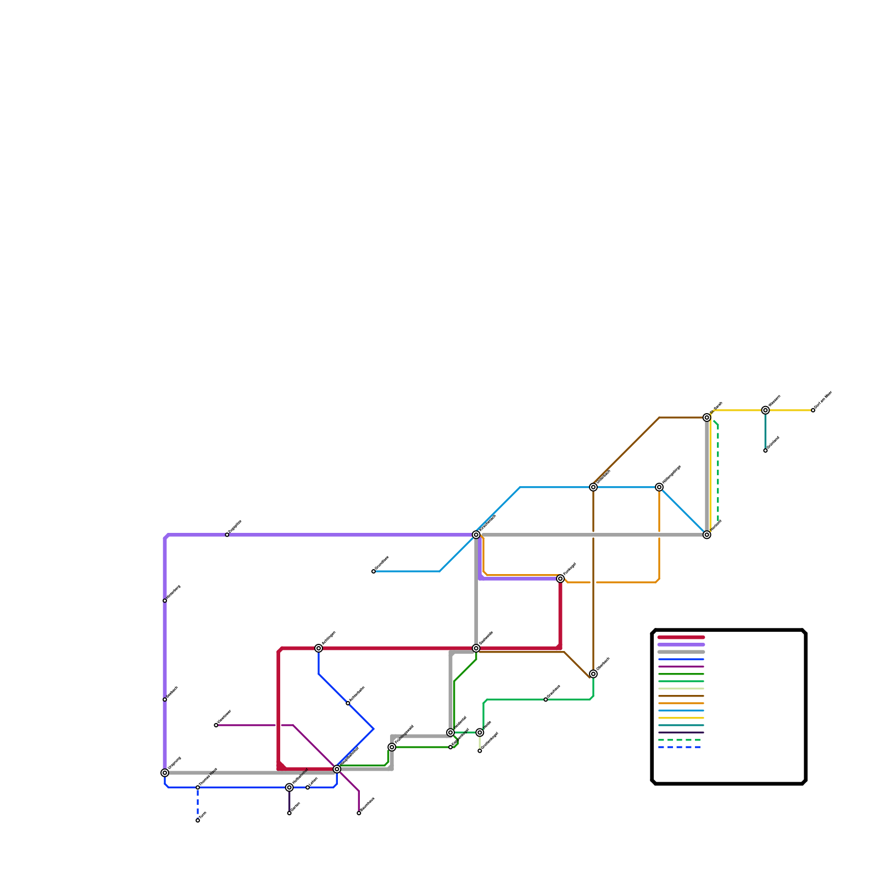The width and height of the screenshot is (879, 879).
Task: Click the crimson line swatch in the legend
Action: (681, 637)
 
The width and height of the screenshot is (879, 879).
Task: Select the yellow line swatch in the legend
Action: (681, 718)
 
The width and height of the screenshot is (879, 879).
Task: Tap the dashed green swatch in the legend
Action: (681, 740)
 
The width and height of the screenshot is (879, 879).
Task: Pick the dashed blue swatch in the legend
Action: (681, 747)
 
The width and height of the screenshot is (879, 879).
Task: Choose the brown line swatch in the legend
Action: (681, 696)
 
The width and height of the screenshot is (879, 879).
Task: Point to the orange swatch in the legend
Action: (681, 703)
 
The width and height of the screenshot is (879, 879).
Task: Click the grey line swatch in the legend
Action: (681, 652)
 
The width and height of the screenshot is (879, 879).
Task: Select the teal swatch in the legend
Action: (681, 725)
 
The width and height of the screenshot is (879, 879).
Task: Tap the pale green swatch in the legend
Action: (681, 689)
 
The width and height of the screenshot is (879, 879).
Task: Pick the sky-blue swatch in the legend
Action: (681, 711)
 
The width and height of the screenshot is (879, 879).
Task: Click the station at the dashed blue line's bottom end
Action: (198, 820)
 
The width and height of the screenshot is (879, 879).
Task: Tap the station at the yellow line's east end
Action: (813, 410)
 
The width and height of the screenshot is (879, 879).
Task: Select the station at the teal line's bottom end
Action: (765, 450)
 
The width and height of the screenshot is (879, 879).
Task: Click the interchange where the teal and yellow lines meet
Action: (765, 410)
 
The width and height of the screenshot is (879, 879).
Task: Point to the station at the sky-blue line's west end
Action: (374, 571)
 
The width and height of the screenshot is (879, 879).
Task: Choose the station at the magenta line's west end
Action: (216, 725)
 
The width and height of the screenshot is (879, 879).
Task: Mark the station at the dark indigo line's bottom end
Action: (290, 813)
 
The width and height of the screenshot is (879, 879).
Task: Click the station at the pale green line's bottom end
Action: (480, 750)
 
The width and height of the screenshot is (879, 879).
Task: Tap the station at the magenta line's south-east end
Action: (359, 813)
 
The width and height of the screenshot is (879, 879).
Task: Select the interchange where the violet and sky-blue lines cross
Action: (476, 535)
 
